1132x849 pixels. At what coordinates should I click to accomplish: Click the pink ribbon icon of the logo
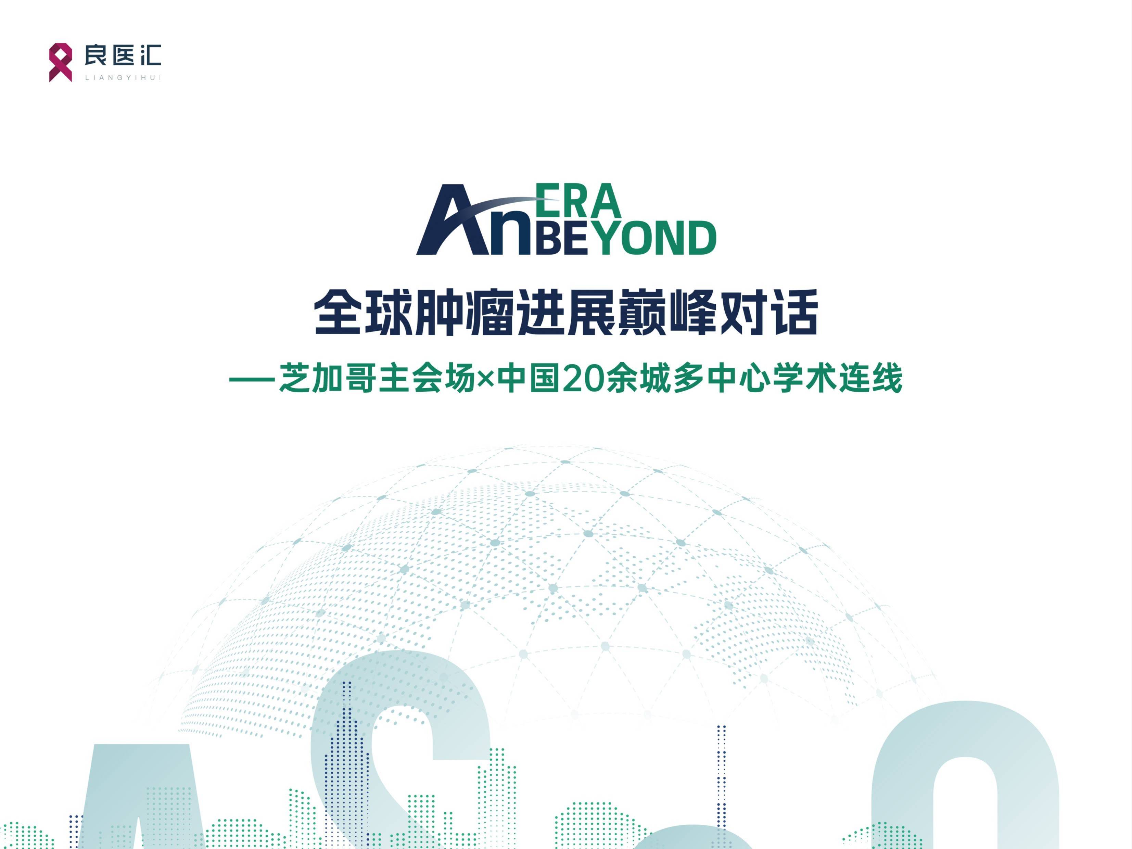tap(60, 62)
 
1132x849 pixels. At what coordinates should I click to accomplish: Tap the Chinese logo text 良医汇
tap(123, 55)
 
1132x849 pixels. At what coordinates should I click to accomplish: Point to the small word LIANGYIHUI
tap(123, 78)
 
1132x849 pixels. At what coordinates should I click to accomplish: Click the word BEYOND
tap(624, 238)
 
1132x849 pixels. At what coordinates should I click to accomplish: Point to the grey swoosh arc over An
tap(491, 207)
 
